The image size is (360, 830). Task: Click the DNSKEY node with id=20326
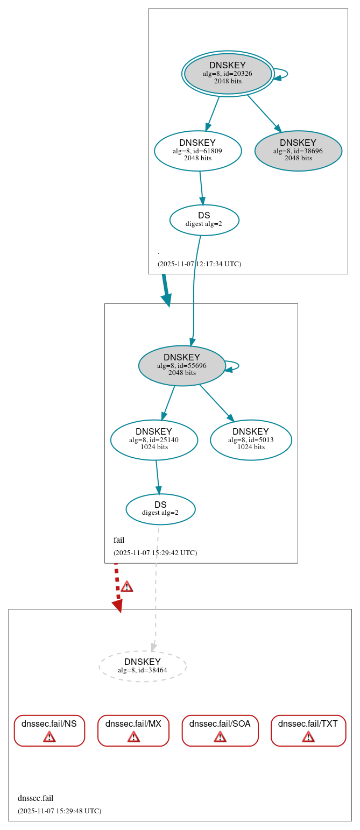[228, 74]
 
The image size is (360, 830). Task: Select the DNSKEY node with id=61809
[197, 151]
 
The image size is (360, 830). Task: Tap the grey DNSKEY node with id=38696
[298, 151]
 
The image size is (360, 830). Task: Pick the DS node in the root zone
[204, 220]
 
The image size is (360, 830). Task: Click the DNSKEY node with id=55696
[182, 365]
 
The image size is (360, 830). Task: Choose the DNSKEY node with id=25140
[154, 439]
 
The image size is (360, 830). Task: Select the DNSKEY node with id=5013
[251, 439]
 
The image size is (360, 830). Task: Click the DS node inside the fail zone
[160, 509]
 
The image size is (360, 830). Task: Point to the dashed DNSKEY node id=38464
[143, 666]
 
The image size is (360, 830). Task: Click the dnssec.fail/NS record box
[49, 730]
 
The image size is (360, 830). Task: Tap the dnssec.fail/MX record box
[133, 730]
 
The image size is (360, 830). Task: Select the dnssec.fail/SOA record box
[220, 730]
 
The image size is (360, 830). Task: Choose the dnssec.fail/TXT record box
[308, 730]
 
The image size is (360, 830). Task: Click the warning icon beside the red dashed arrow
[126, 586]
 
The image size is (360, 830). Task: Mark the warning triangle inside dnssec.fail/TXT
[308, 736]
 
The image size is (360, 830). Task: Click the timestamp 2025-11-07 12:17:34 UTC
[199, 264]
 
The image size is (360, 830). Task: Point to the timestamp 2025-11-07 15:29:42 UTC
[155, 553]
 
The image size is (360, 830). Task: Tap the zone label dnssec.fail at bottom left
[36, 798]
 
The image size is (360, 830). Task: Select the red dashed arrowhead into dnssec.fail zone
[118, 606]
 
